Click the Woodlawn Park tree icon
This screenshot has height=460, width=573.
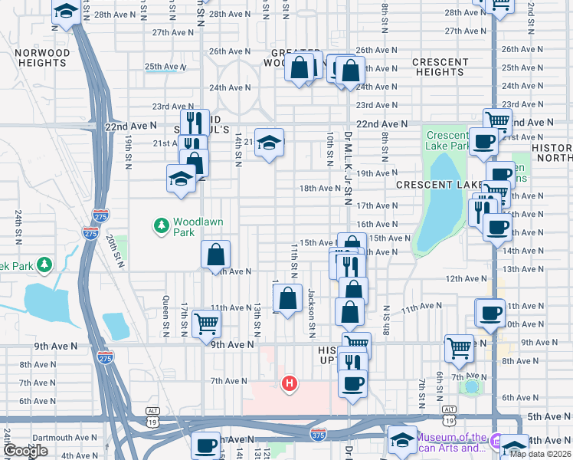coord(162,225)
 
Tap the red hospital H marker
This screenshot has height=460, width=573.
coord(290,383)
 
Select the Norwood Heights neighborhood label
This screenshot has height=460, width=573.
coord(42,58)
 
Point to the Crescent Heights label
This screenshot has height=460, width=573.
coord(440,67)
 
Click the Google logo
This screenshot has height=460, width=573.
coord(26,451)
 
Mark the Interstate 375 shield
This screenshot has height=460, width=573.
coord(319,435)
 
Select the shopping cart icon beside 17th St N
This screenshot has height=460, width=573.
coord(206,323)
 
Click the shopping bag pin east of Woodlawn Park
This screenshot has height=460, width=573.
coord(217,254)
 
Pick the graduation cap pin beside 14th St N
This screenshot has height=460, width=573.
coord(269,142)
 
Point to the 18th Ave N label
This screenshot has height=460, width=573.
coord(319,188)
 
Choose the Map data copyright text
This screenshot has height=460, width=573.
coord(540,453)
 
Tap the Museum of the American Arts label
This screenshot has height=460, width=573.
coord(455,442)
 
